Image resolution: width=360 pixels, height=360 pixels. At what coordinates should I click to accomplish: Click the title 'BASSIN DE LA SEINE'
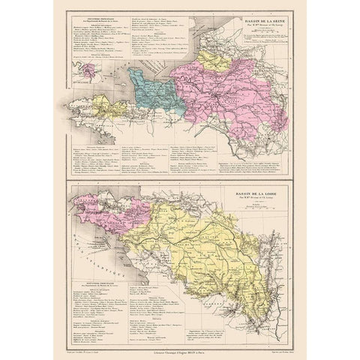(x=257, y=23)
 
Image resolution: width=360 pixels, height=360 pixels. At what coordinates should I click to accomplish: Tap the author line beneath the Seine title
(x=257, y=30)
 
